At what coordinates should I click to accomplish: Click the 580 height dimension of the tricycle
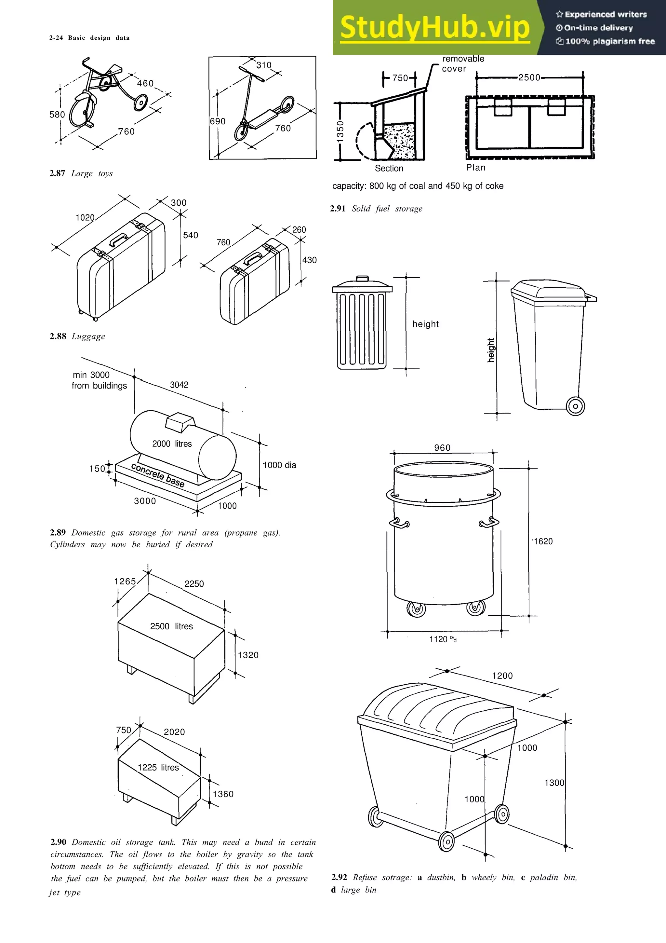(57, 115)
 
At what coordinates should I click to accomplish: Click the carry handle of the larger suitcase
(118, 239)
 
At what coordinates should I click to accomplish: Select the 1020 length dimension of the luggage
(85, 218)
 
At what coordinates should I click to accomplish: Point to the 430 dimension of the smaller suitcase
(309, 260)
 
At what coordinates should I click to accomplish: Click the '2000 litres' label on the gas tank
(172, 444)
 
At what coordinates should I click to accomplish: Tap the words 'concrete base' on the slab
(158, 475)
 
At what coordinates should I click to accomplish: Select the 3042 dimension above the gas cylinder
(179, 385)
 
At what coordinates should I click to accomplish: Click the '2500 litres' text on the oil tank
(171, 626)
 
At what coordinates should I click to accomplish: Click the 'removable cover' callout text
(462, 64)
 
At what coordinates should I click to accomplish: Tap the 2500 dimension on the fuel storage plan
(529, 78)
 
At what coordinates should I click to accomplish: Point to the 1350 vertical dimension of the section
(340, 131)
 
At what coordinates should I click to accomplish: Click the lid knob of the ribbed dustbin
(362, 279)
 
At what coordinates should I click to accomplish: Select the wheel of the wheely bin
(575, 406)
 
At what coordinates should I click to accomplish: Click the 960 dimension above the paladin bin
(442, 448)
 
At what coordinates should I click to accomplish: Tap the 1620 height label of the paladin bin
(543, 541)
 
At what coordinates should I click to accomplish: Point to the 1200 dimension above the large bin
(502, 676)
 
